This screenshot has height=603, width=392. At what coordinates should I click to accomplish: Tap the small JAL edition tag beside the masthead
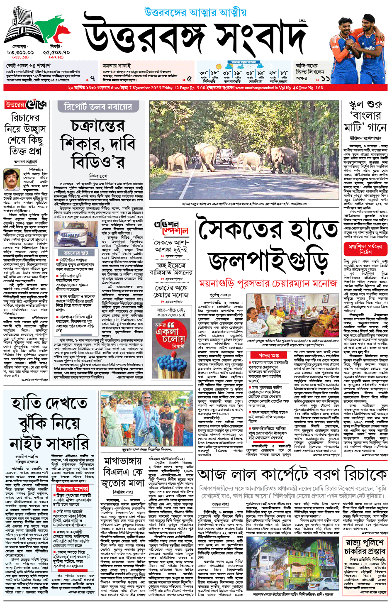[302, 20]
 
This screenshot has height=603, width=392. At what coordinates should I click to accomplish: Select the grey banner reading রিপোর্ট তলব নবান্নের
[98, 107]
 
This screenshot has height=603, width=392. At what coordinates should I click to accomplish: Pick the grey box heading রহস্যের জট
[76, 252]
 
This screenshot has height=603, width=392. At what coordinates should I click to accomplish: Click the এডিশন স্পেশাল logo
[171, 228]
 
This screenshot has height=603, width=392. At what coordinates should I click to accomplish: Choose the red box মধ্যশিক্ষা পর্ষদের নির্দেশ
[365, 249]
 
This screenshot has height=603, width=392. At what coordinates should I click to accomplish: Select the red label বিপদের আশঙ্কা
[73, 488]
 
